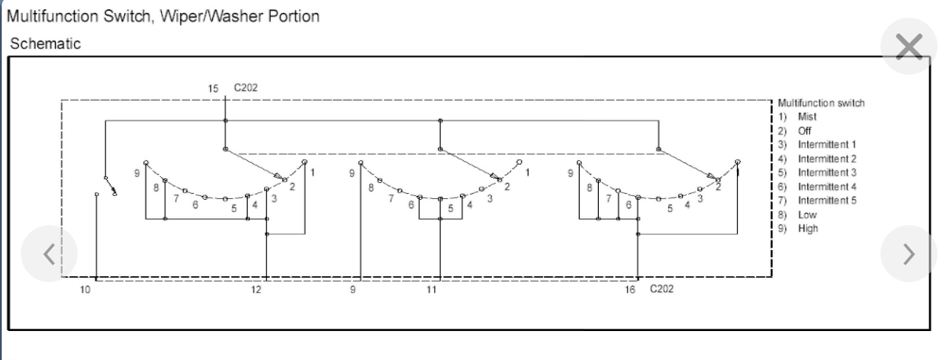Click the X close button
pos(909,47)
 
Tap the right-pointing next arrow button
pos(909,254)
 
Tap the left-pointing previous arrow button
pos(50,254)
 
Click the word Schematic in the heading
pos(45,43)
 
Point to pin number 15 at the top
pos(213,88)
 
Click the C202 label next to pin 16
pos(661,288)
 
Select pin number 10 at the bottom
pos(85,290)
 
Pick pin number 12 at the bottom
pos(256,290)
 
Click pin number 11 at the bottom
pos(431,290)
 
